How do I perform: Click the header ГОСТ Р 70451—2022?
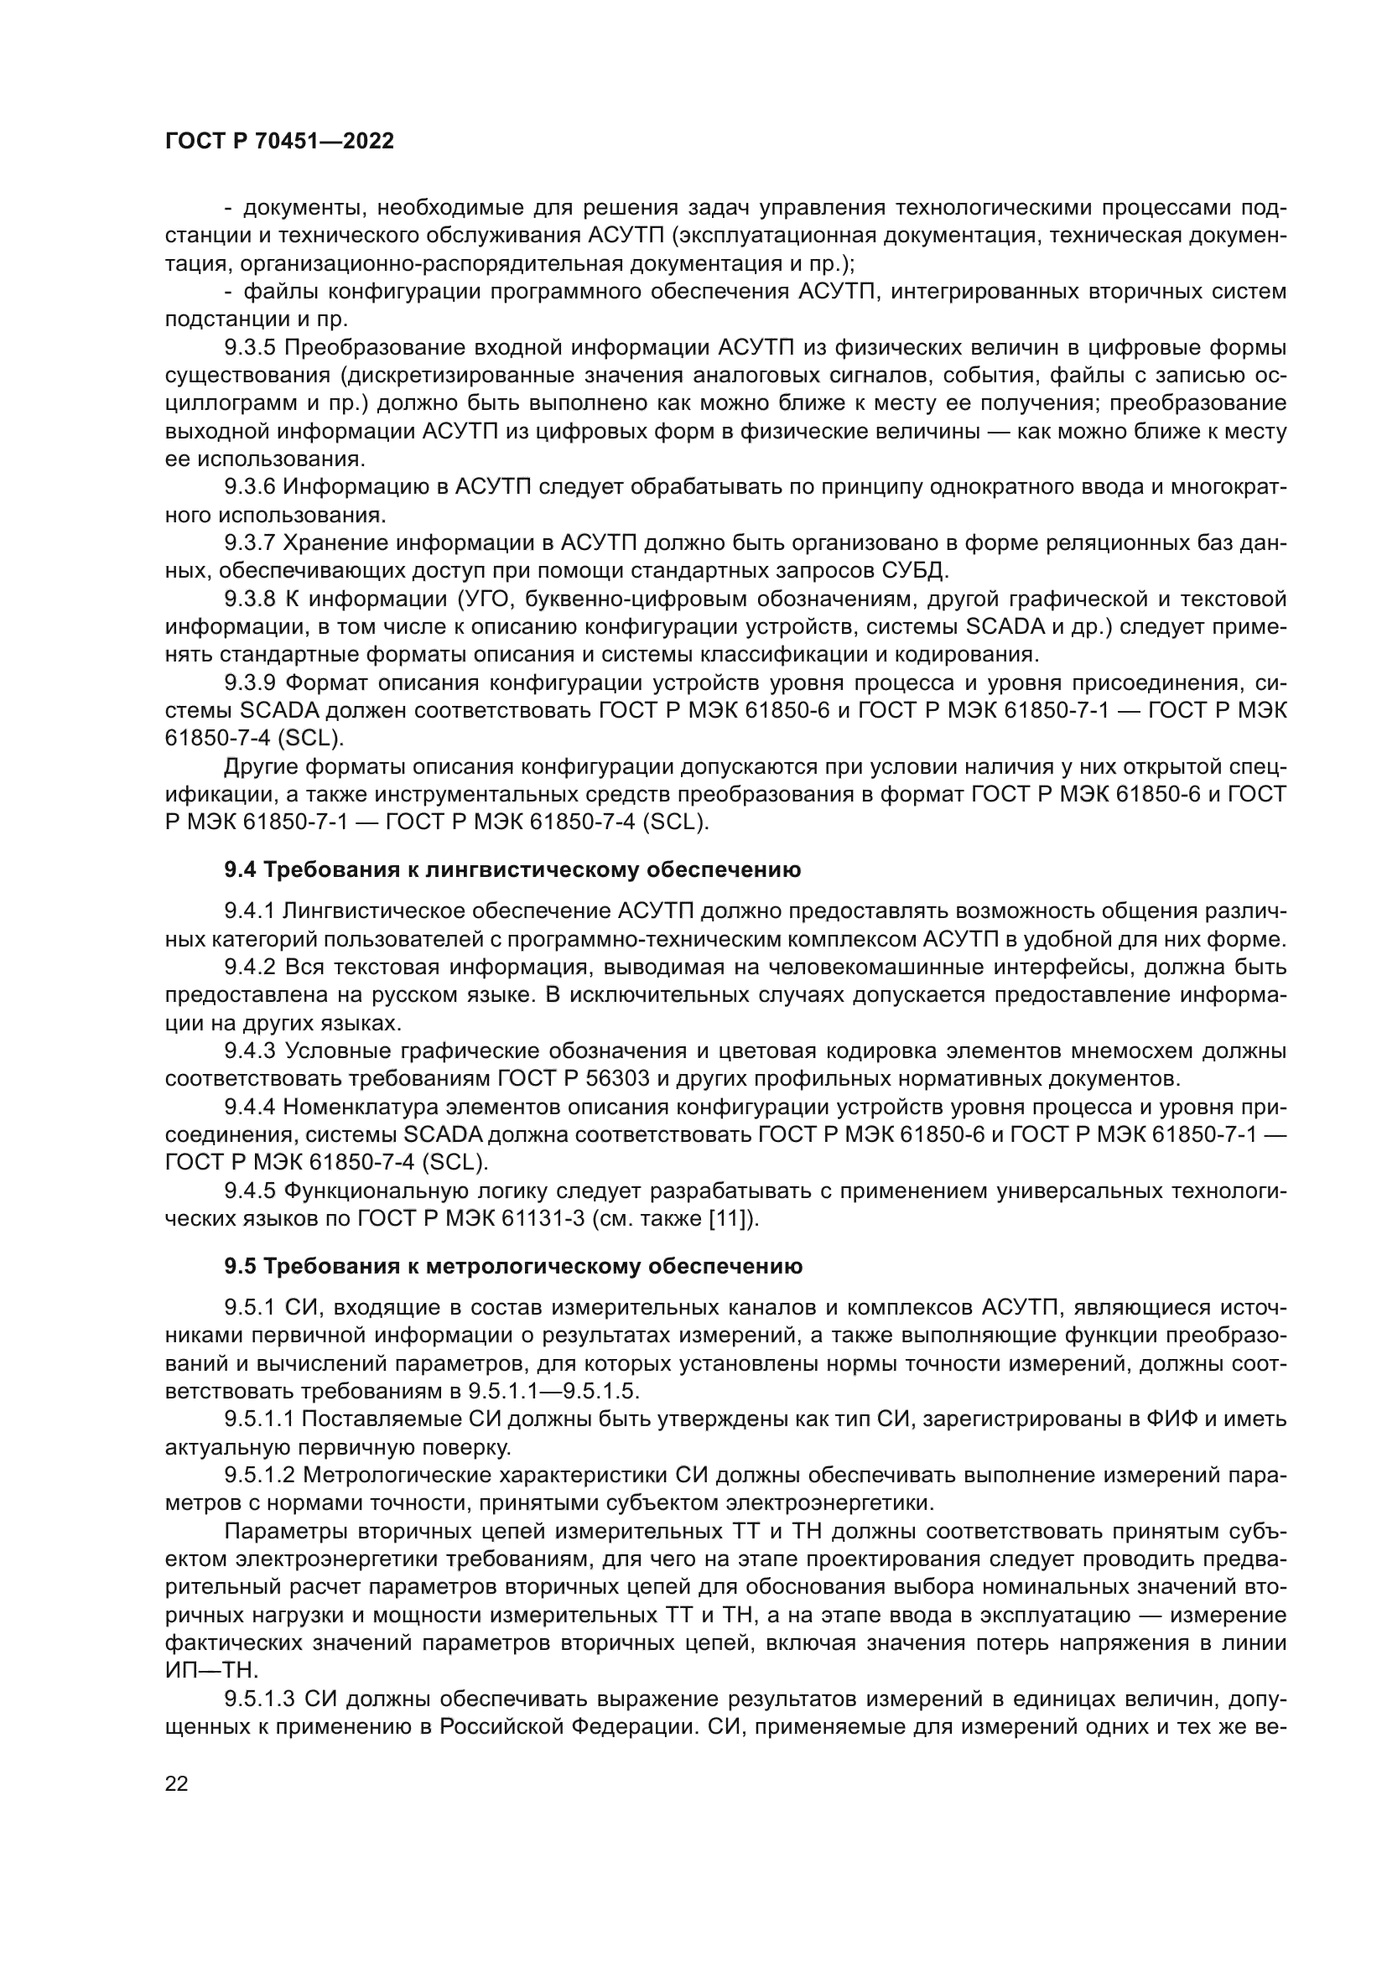tap(279, 143)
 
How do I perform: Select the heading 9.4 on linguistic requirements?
tap(512, 870)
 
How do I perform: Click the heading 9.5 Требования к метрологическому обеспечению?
tap(513, 1267)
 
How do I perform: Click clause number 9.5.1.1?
tap(259, 1419)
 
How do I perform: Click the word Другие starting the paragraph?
tap(261, 766)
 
